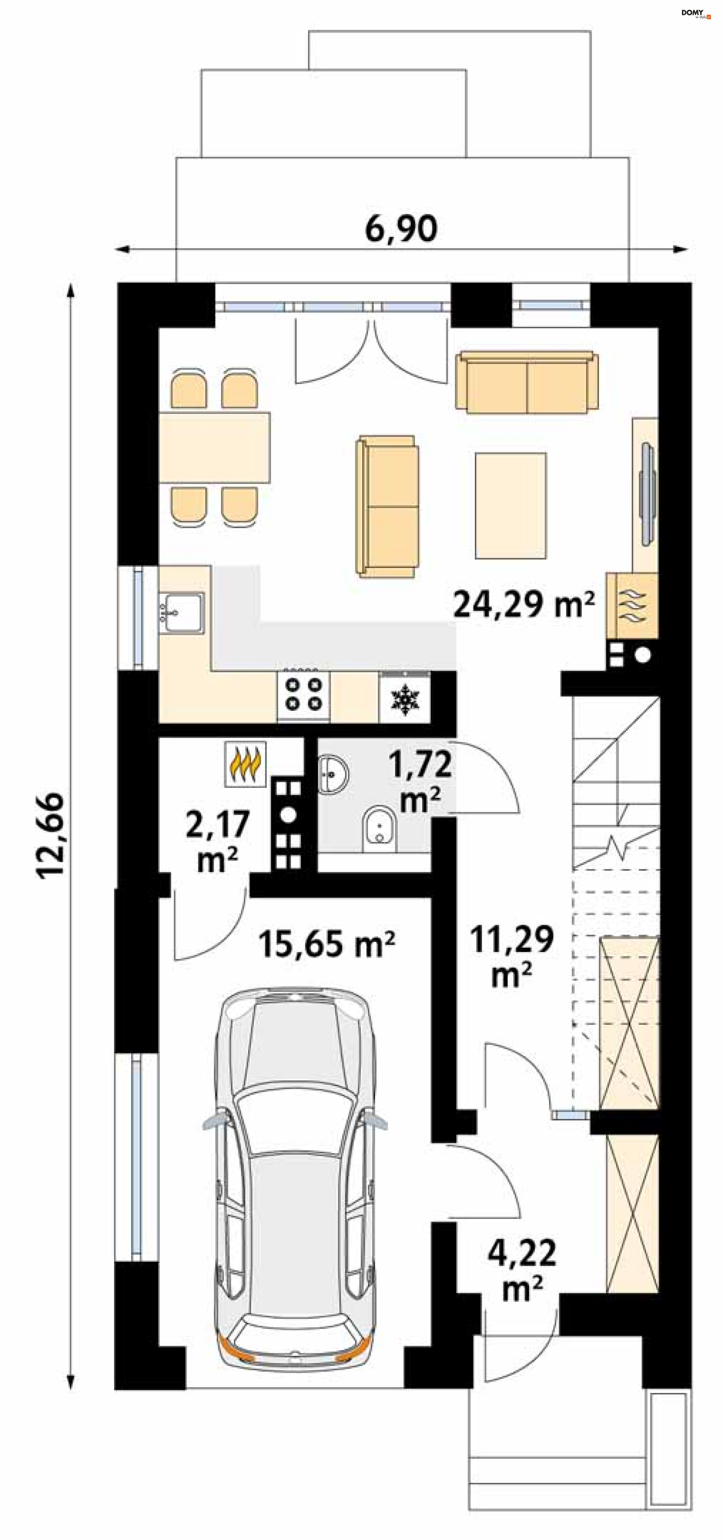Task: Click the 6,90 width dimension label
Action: coord(401,229)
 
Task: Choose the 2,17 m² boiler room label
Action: coord(218,841)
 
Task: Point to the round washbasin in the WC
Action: coord(332,774)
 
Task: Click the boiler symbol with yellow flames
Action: coord(244,764)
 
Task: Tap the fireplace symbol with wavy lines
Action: coord(632,606)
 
